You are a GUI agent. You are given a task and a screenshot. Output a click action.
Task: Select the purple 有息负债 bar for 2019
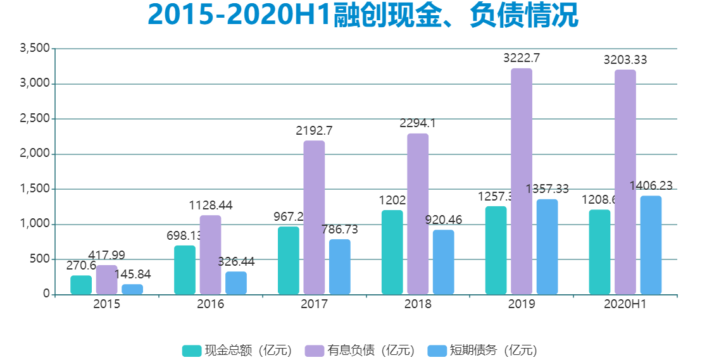(x=521, y=181)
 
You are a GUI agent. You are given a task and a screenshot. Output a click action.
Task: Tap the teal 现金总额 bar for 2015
(x=81, y=285)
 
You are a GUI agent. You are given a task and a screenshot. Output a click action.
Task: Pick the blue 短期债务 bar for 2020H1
(x=651, y=245)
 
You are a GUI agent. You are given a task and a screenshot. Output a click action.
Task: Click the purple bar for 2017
(x=314, y=217)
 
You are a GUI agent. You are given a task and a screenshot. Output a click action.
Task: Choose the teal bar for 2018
(x=392, y=252)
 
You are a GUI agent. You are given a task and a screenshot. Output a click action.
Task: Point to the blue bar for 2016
(x=236, y=283)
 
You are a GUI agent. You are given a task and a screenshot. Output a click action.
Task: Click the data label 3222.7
(x=521, y=58)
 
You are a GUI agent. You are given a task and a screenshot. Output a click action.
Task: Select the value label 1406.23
(x=651, y=185)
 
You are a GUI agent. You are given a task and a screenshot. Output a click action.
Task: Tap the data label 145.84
(x=132, y=275)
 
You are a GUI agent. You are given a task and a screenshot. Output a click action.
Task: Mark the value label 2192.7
(x=314, y=131)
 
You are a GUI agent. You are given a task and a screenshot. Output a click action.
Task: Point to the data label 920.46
(x=443, y=220)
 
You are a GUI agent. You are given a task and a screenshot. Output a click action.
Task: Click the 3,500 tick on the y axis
(x=35, y=49)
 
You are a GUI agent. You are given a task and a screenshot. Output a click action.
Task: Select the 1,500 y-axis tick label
(x=35, y=189)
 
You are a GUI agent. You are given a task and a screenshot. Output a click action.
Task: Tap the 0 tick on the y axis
(x=46, y=294)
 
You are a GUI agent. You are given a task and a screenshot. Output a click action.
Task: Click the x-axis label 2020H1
(x=625, y=304)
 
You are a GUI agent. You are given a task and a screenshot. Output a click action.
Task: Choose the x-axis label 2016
(x=210, y=304)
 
